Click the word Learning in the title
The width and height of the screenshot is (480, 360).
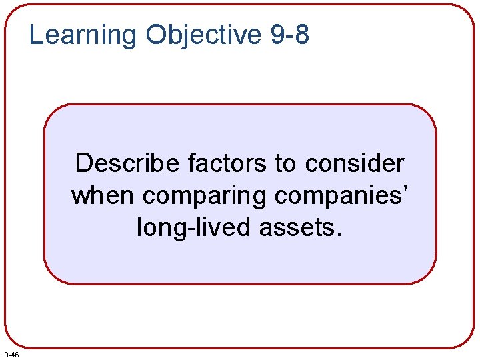(83, 35)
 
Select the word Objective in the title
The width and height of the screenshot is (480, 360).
(203, 35)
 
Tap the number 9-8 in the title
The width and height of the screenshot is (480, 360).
(290, 35)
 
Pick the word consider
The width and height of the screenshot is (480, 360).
(355, 163)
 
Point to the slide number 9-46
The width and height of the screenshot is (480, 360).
(11, 355)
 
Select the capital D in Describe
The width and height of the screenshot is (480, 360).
(83, 163)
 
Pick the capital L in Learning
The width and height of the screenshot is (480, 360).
(36, 34)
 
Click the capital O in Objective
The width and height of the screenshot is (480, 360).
(157, 34)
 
